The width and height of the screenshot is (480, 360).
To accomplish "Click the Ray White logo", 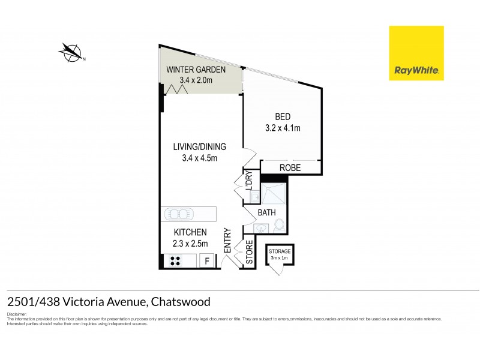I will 416,53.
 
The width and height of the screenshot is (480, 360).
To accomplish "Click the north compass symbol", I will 72,53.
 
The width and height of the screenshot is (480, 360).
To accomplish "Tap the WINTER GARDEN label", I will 196,70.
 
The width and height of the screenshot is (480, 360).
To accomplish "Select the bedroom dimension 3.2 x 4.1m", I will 283,127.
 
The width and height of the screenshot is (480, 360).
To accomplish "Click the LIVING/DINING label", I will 191,146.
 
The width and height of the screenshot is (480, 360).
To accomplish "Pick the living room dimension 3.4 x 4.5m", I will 191,158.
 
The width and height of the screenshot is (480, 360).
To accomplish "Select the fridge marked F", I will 208,261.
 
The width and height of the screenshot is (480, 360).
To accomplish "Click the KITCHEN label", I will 191,232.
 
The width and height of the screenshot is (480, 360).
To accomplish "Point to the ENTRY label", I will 228,240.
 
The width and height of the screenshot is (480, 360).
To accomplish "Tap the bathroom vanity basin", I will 260,228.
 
